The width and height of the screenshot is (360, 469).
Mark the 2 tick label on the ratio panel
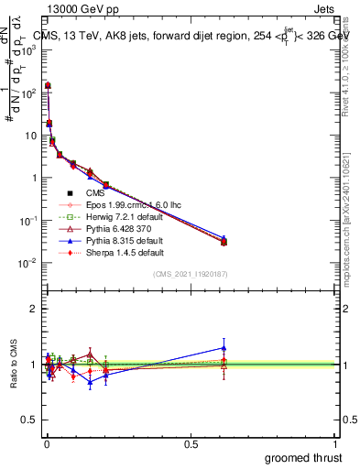pos(33,310)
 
